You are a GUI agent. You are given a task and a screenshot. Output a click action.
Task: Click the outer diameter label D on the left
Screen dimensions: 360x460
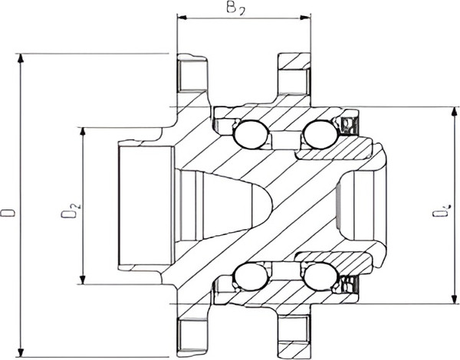[x=8, y=208]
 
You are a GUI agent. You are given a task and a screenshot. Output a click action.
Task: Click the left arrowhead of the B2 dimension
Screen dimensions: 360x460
[x=181, y=15]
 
